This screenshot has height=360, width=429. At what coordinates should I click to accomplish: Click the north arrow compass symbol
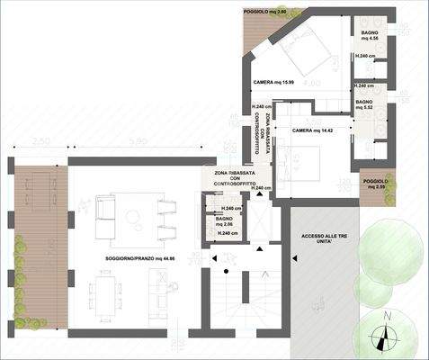click(x=387, y=337)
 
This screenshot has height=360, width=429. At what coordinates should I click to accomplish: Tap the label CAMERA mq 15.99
click(x=275, y=83)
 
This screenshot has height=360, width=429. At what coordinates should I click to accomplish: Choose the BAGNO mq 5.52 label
click(x=364, y=105)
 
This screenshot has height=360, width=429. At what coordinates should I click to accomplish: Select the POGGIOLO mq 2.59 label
click(x=376, y=184)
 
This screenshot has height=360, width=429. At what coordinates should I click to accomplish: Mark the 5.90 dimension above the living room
click(x=137, y=142)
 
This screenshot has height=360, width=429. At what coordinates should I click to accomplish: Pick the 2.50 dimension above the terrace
click(x=40, y=142)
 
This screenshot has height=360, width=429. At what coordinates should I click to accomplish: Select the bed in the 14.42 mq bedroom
click(x=306, y=162)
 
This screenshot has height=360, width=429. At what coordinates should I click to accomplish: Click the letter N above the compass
click(x=387, y=316)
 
